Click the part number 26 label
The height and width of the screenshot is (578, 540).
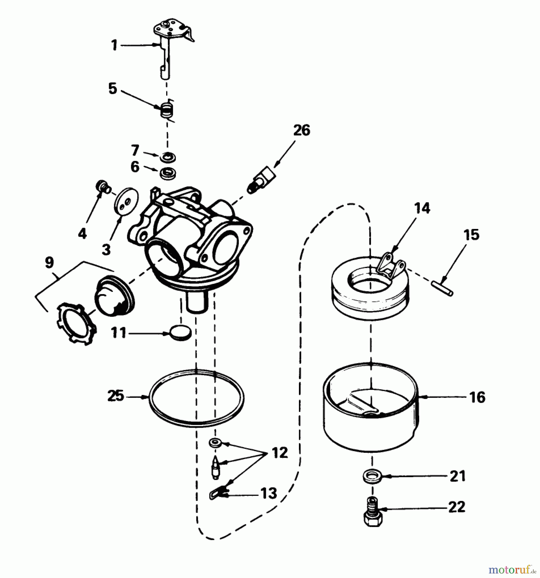pyautogui.click(x=301, y=131)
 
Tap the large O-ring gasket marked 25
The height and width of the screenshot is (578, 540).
pyautogui.click(x=196, y=398)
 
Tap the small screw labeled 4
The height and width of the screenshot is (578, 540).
pyautogui.click(x=103, y=187)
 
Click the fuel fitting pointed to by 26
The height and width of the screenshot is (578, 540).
pyautogui.click(x=262, y=180)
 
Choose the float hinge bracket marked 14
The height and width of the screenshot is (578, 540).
pyautogui.click(x=392, y=266)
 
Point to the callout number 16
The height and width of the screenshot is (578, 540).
pyautogui.click(x=477, y=397)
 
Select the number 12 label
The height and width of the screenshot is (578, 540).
pyautogui.click(x=280, y=453)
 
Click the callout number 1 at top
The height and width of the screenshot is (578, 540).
pyautogui.click(x=114, y=45)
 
